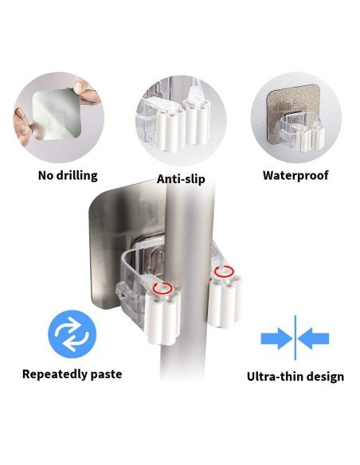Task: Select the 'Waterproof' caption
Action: pyautogui.click(x=295, y=175)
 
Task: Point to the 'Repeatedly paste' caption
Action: pyautogui.click(x=72, y=373)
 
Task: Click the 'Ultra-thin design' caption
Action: pyautogui.click(x=295, y=376)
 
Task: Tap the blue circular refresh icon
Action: pyautogui.click(x=72, y=334)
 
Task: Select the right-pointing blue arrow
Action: pyautogui.click(x=276, y=338)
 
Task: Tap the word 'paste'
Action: pyautogui.click(x=105, y=373)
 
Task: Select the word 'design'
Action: pyautogui.click(x=324, y=376)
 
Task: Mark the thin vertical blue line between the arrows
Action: pyautogui.click(x=295, y=338)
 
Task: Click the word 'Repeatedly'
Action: pyautogui.click(x=54, y=373)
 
